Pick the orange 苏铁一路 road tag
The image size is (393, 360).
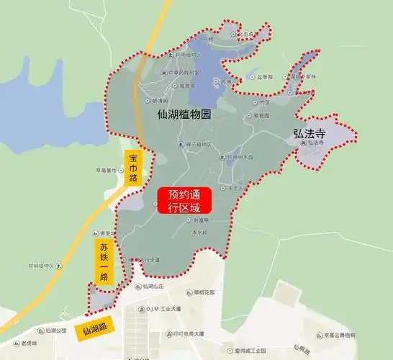click(104, 262)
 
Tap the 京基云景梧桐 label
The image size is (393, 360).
click(360, 336)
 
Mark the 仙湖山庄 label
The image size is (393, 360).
click(154, 287)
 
